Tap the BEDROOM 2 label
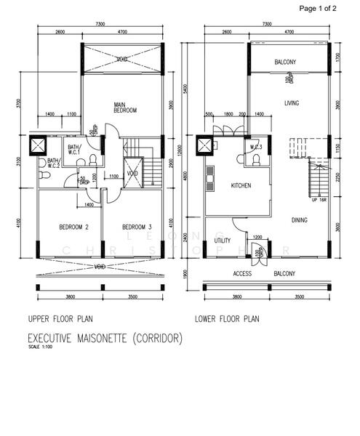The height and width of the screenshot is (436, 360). (73, 227)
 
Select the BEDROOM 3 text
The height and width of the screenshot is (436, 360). (136, 227)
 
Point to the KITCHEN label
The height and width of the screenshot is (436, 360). (241, 186)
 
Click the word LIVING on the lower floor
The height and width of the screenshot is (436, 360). (292, 103)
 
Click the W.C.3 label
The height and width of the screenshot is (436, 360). (255, 147)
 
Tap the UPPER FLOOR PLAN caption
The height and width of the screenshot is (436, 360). (62, 319)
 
